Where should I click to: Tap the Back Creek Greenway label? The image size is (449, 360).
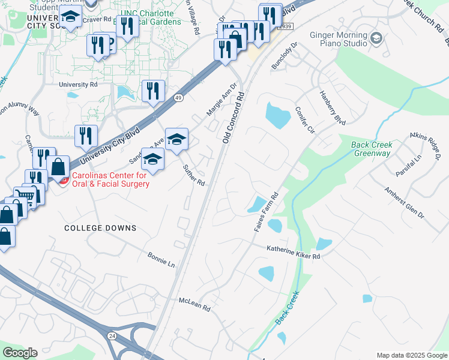pyautogui.click(x=371, y=149)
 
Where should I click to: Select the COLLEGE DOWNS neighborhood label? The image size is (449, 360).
pyautogui.click(x=101, y=228)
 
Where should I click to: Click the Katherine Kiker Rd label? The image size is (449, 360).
pyautogui.click(x=294, y=252)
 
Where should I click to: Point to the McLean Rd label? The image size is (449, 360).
pyautogui.click(x=195, y=304)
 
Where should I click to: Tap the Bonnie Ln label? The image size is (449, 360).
pyautogui.click(x=161, y=260)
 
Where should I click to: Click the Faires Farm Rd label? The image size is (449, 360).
pyautogui.click(x=267, y=212)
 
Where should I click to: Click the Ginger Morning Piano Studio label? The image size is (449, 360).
pyautogui.click(x=339, y=40)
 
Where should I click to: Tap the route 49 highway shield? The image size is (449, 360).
pyautogui.click(x=178, y=97)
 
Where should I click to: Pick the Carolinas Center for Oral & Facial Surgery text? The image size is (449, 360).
pyautogui.click(x=110, y=180)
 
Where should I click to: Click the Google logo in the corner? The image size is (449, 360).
pyautogui.click(x=20, y=353)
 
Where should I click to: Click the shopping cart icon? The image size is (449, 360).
pyautogui.click(x=25, y=194)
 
